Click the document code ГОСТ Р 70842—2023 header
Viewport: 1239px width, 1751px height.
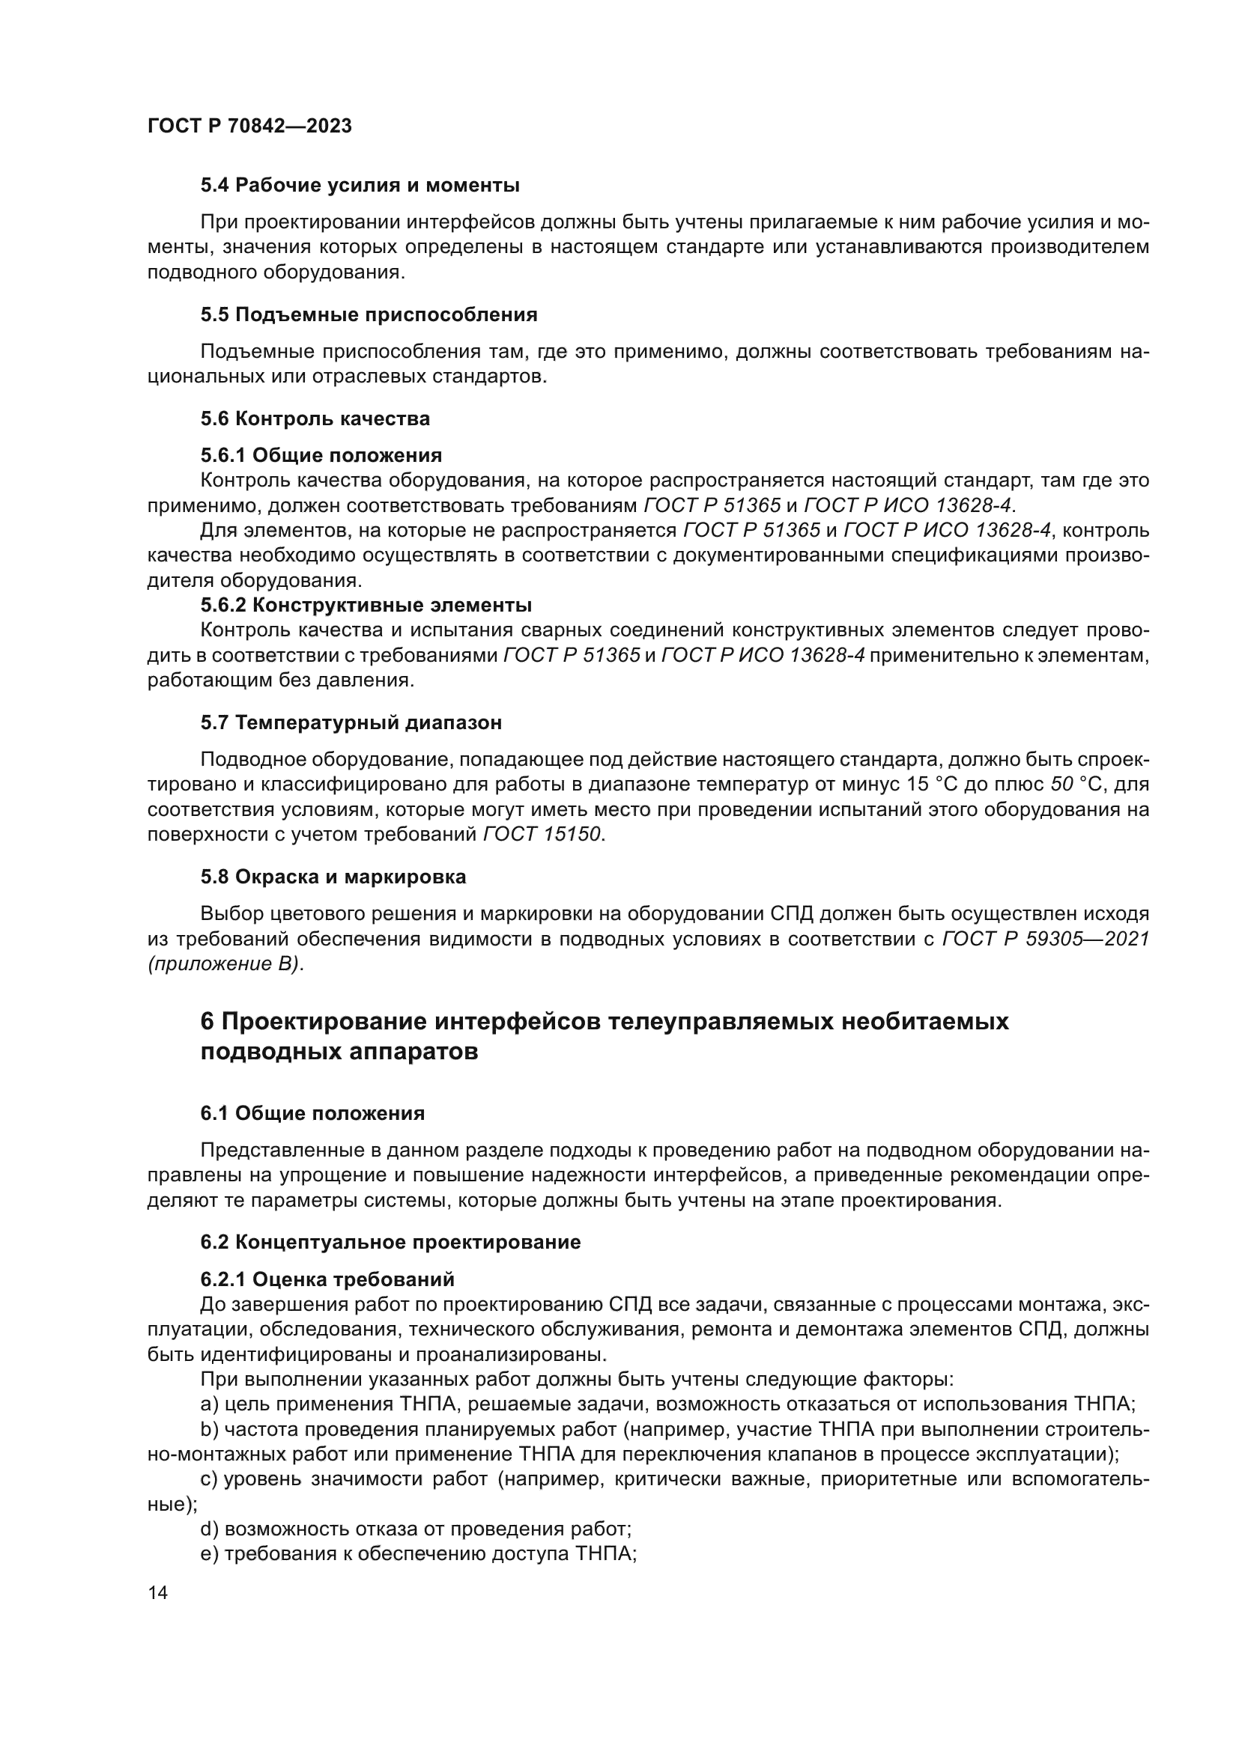[x=249, y=127]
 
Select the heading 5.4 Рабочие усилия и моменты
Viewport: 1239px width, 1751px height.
[x=360, y=186]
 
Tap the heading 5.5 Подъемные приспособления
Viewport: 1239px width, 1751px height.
[x=369, y=315]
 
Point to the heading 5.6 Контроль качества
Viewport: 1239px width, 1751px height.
[x=315, y=418]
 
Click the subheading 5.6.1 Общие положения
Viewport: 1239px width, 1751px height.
[x=321, y=456]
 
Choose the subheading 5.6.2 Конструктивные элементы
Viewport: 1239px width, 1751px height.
[x=366, y=606]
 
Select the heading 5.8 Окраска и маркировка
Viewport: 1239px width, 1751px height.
[x=333, y=877]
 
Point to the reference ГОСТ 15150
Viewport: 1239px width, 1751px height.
[x=542, y=835]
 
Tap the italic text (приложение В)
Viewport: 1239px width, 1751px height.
[x=225, y=965]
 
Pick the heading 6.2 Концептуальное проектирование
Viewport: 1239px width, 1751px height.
[x=390, y=1243]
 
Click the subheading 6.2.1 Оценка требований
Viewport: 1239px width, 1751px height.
[x=327, y=1279]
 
